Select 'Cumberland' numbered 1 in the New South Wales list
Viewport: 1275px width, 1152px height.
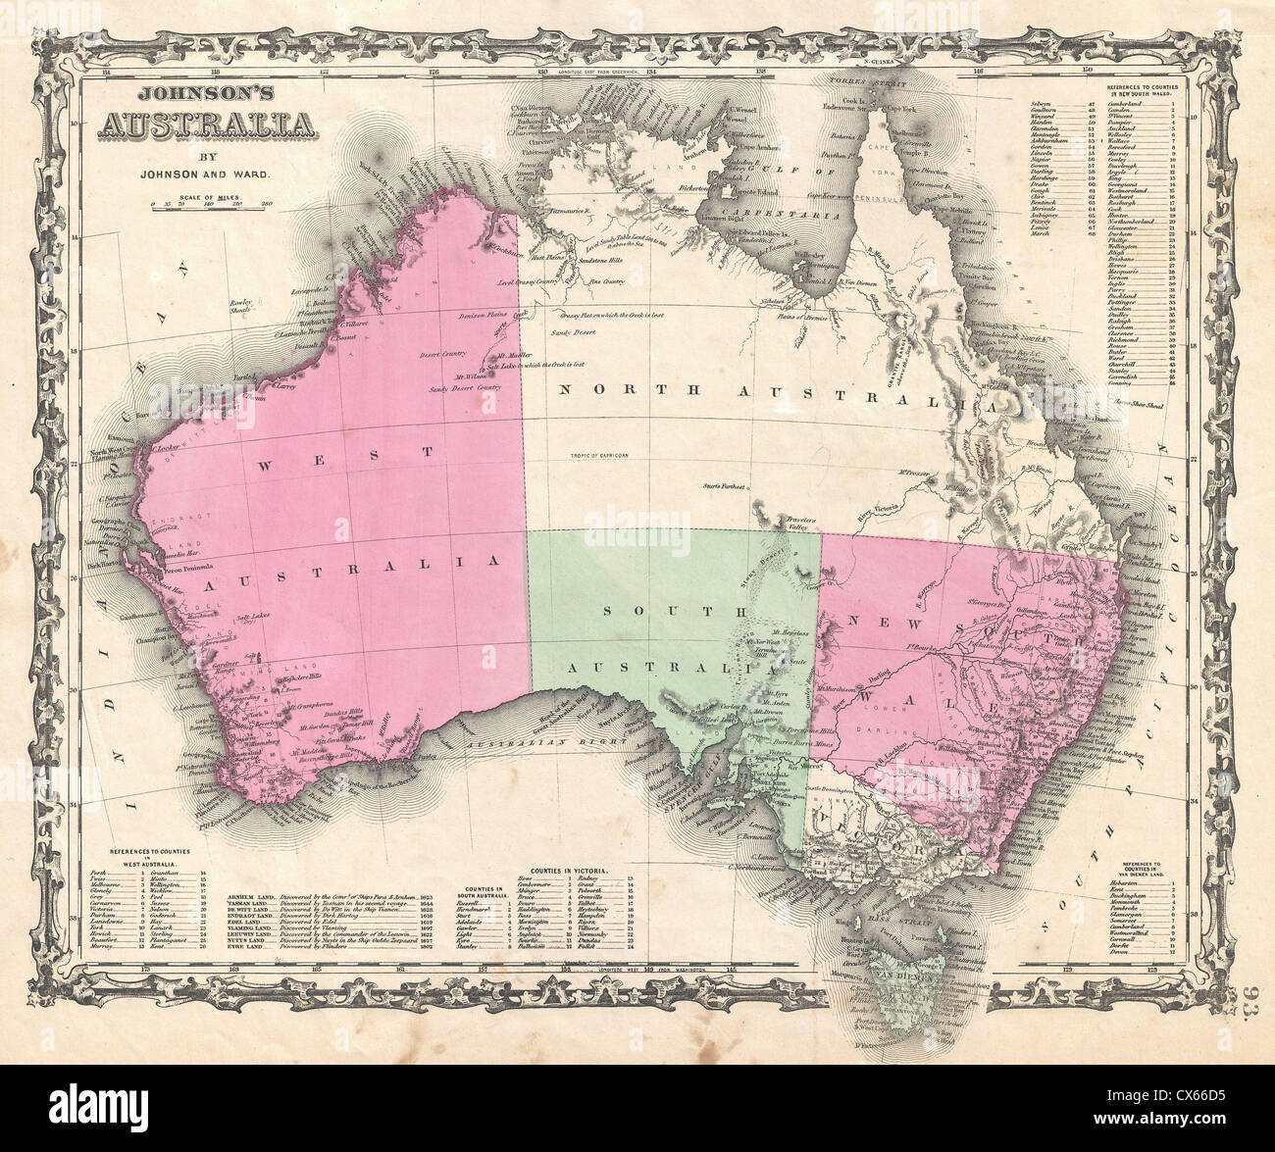click(1127, 103)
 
